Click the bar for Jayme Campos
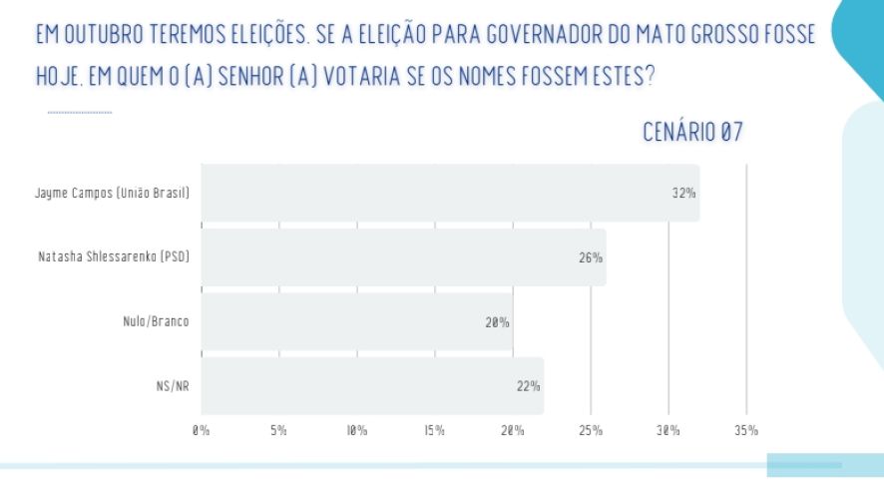(x=449, y=193)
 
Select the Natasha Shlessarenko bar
(x=403, y=257)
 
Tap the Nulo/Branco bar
(x=356, y=321)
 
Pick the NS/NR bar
(x=372, y=385)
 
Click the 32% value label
(x=683, y=193)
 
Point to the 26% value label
(x=590, y=257)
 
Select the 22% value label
(x=528, y=385)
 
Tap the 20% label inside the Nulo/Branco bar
(x=497, y=321)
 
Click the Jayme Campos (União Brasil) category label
(x=112, y=193)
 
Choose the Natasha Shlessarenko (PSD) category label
(x=114, y=257)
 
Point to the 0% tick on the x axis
(x=201, y=431)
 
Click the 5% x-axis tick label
(x=278, y=431)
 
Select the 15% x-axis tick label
(x=434, y=431)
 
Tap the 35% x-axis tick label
(x=746, y=431)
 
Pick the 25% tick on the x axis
(x=591, y=431)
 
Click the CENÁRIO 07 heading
(x=693, y=132)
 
